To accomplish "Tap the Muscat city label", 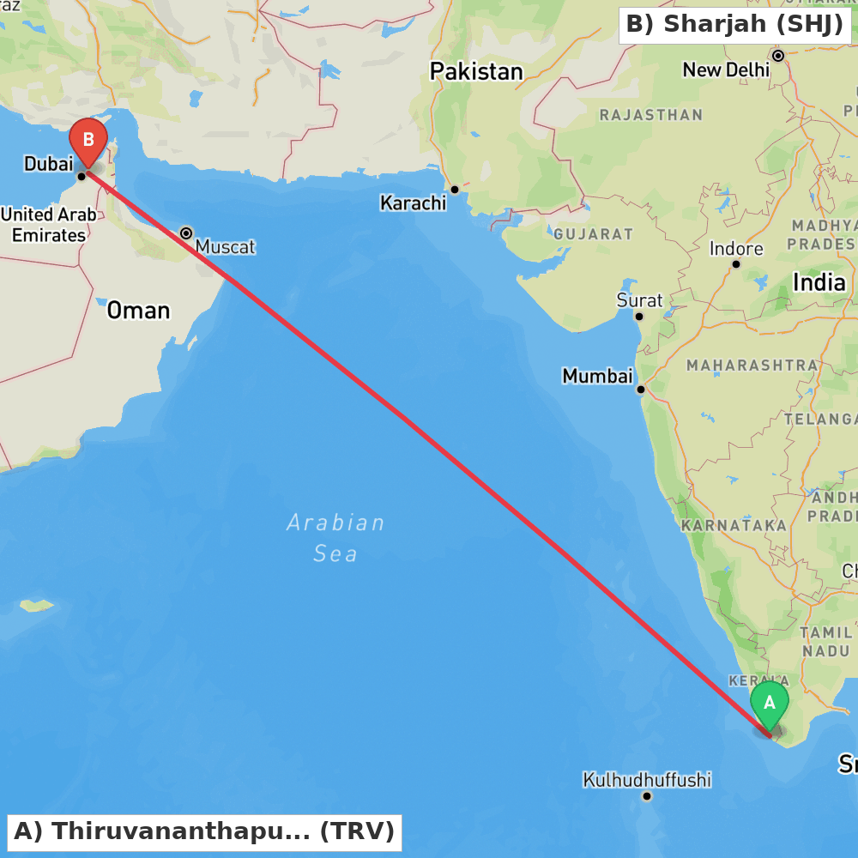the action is point(225,247).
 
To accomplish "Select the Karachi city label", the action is point(414,203).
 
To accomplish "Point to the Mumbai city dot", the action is point(640,390).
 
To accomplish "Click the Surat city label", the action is point(639,300).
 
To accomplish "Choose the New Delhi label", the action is point(726,70).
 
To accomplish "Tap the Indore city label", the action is point(736,249).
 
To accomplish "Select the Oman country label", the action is point(138,311).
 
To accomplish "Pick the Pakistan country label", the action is point(476,71).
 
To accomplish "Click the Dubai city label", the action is point(48,163).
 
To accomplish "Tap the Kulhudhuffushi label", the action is point(647,780).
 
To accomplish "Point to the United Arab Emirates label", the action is point(48,225).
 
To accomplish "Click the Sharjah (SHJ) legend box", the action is point(735,25).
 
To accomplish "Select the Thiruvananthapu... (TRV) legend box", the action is point(204,831).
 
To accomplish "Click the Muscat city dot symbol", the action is point(186,233).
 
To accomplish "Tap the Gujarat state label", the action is point(593,234).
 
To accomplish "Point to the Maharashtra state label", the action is point(752,366).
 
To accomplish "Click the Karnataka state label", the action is point(734,525).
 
